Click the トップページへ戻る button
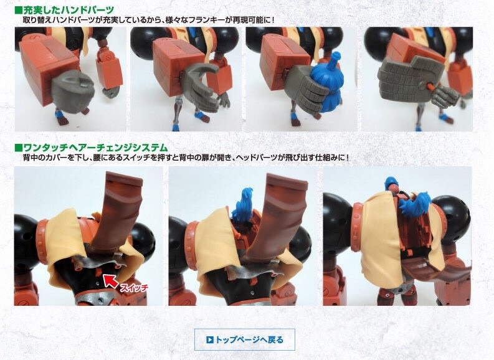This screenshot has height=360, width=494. [244, 339]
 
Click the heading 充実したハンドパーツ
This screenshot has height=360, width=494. [69, 11]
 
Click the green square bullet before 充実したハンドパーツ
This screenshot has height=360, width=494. [18, 11]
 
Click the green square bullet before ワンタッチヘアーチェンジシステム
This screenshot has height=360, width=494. [18, 148]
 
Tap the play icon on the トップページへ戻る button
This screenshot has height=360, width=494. [210, 339]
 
